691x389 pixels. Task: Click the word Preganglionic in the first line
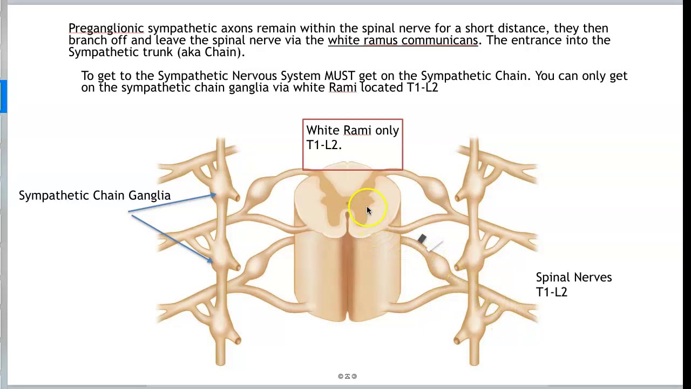coord(106,28)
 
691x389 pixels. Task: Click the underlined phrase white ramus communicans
coord(403,40)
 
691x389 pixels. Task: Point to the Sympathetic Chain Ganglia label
coord(94,196)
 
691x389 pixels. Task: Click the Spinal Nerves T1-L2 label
coord(573,284)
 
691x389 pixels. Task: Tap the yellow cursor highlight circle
coord(368,207)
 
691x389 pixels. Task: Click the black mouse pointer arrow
coord(369,211)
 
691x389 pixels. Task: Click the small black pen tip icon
coord(422,239)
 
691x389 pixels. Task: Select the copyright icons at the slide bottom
coord(347,376)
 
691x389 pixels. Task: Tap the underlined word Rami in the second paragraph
coord(342,87)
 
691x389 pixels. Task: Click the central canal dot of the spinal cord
coord(347,204)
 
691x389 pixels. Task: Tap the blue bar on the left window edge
coord(3,96)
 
